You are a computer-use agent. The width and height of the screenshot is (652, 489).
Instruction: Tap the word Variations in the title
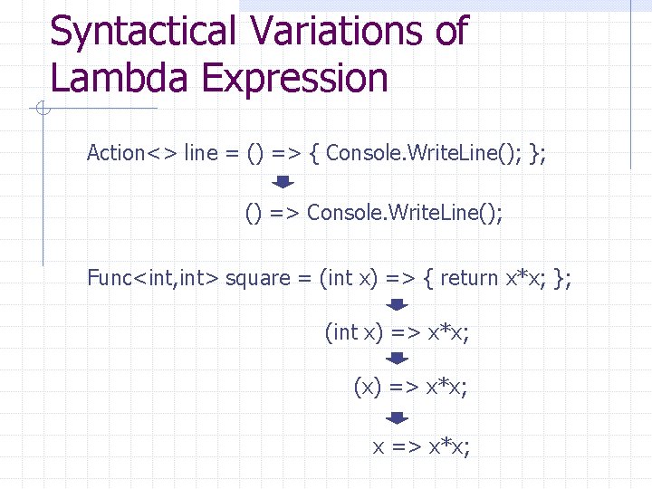(333, 32)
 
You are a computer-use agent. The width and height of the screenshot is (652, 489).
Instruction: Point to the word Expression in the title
(295, 79)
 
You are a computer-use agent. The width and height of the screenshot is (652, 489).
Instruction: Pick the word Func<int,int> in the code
(153, 278)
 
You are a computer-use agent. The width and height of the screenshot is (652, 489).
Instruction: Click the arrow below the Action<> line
(283, 183)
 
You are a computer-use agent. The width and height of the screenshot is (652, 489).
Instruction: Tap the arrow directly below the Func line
(398, 306)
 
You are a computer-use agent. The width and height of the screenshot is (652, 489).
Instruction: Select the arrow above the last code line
(398, 418)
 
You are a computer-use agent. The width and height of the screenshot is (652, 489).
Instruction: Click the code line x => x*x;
(422, 446)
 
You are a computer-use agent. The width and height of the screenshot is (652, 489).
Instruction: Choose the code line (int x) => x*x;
(397, 333)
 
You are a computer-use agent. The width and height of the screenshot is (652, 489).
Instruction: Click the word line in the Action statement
(200, 153)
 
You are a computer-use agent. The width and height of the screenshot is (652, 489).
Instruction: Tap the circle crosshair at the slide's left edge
(42, 110)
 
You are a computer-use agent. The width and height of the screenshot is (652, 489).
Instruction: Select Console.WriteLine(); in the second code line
(405, 213)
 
